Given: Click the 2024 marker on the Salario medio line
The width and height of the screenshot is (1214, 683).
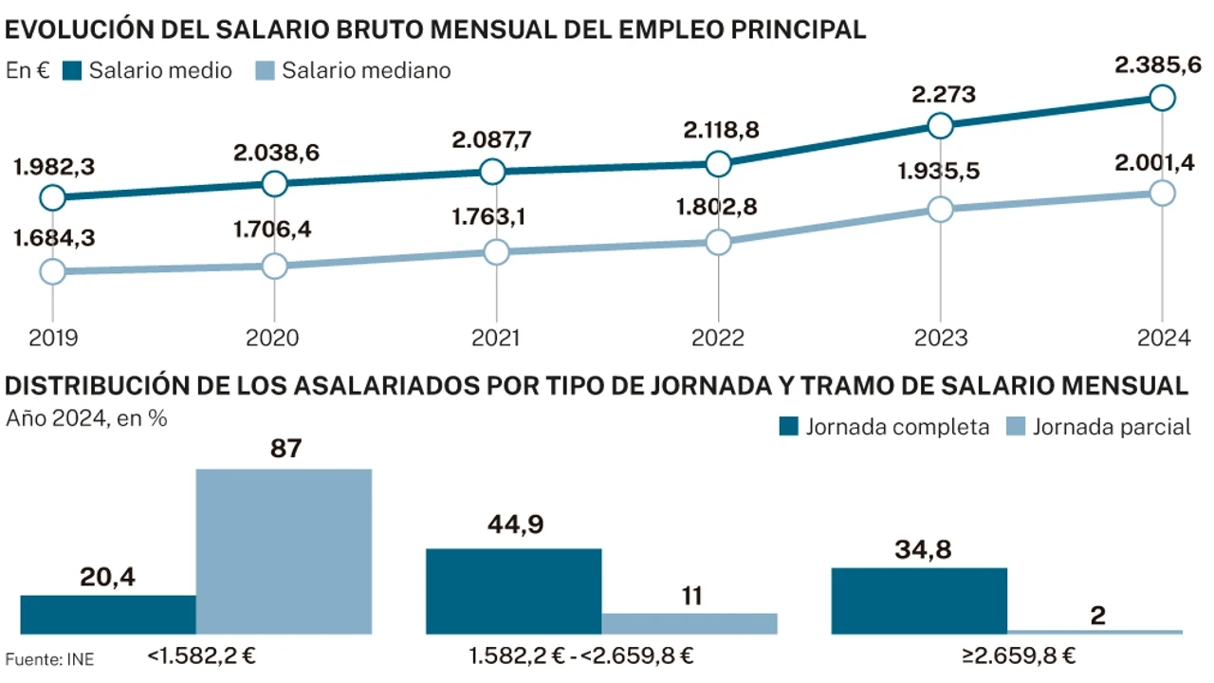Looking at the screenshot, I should click(1162, 98).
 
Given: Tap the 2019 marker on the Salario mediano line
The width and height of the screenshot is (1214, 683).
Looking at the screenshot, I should click(53, 271).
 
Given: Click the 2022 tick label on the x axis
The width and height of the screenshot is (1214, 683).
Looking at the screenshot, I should click(718, 339).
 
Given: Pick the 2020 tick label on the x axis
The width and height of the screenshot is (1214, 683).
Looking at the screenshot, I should click(273, 339).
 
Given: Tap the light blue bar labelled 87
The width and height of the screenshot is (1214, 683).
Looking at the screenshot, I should click(284, 551).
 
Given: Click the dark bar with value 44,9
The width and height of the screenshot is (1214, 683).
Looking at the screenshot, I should click(513, 591).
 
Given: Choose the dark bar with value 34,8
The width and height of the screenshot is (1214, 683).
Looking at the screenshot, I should click(919, 600).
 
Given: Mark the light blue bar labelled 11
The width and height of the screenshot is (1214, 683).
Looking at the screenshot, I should click(690, 623).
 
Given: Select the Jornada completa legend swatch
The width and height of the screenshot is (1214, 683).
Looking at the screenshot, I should click(789, 427).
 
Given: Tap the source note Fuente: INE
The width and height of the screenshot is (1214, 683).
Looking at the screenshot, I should click(49, 658).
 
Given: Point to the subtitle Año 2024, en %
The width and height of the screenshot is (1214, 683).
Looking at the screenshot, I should click(87, 417).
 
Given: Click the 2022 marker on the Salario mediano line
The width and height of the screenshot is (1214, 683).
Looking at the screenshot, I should click(718, 242).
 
